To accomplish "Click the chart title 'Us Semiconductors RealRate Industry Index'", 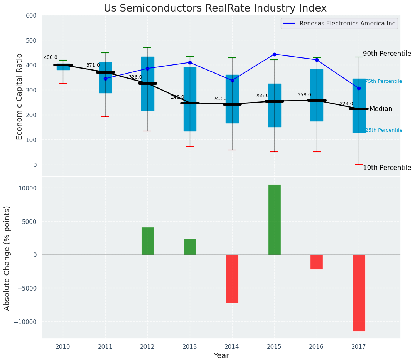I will (x=215, y=8).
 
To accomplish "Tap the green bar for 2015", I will (x=274, y=220).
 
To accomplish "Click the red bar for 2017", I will (x=359, y=293).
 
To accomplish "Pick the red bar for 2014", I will (x=232, y=279).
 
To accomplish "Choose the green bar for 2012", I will (x=147, y=241).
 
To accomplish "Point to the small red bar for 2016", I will (x=316, y=262).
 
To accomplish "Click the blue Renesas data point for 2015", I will (x=274, y=54).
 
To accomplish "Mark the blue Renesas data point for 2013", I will (x=190, y=62).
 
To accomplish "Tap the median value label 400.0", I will (x=51, y=58).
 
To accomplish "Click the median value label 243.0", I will (x=220, y=99).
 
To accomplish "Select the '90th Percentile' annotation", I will (x=387, y=54).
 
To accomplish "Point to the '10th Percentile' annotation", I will (x=387, y=168).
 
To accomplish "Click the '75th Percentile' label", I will (x=383, y=81).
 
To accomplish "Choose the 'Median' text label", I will (x=381, y=109).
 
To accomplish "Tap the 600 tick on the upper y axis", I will (x=31, y=16).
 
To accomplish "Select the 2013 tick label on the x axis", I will (x=190, y=347).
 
